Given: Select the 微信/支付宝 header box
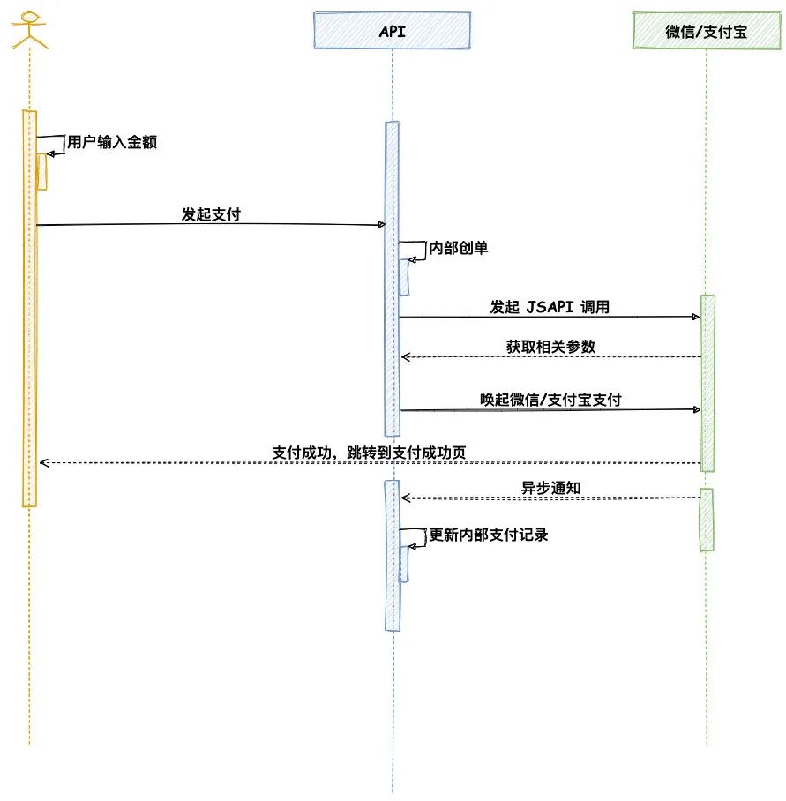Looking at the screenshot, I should click(x=706, y=34).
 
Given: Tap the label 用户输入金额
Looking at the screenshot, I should click(x=112, y=142).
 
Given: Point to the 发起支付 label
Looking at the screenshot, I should click(x=210, y=213).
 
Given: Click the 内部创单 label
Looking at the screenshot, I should click(x=458, y=248).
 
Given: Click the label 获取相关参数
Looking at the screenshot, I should click(x=550, y=347).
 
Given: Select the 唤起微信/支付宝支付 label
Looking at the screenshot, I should click(x=550, y=400).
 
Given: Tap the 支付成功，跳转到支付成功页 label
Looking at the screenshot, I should click(x=369, y=453).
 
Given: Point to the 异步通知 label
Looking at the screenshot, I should click(x=550, y=488).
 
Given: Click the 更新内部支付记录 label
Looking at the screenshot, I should click(x=488, y=535).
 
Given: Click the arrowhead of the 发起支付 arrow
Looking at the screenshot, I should click(x=381, y=225).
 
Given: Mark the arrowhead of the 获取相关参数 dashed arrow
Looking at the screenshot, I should click(x=405, y=356).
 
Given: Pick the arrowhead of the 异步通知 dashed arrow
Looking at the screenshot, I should click(x=405, y=498).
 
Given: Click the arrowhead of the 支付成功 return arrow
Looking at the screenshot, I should click(x=41, y=462).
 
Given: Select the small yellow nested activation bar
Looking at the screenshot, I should click(x=41, y=171).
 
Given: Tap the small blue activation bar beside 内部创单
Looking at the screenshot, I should click(x=404, y=277).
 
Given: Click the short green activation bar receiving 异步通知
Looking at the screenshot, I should click(x=707, y=520).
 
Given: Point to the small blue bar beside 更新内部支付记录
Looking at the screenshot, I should click(x=404, y=564).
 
